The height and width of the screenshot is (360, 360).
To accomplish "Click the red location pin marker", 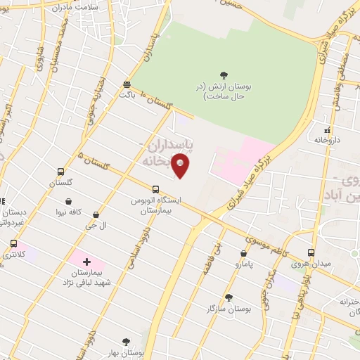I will (181, 165).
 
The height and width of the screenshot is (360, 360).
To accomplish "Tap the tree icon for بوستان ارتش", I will (224, 74).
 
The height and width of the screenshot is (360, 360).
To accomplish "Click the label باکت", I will (127, 93).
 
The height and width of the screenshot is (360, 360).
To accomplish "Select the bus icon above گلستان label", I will (61, 172).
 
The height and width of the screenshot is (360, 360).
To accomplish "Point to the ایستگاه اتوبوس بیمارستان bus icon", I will (155, 188).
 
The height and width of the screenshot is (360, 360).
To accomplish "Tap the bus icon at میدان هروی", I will (312, 253).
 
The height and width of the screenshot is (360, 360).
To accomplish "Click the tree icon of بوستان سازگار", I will (228, 297).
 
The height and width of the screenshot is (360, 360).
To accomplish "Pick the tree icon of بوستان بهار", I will (126, 342).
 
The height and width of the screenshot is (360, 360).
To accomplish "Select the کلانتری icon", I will (13, 243).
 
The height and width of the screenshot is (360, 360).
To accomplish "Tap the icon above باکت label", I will (127, 82).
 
